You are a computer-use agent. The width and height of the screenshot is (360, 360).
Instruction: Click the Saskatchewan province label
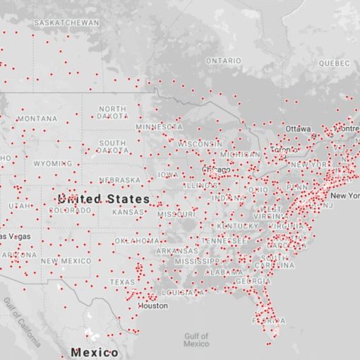[66, 23]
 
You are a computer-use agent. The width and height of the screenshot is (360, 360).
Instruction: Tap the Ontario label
[224, 61]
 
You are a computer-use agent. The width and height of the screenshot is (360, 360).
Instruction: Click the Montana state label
[37, 119]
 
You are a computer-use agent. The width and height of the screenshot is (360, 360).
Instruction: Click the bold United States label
[104, 199]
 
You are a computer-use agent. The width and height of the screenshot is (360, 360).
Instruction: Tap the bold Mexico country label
[94, 352]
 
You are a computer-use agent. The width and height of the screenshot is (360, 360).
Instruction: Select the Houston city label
[153, 306]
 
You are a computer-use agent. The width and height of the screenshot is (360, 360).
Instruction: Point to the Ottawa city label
[298, 128]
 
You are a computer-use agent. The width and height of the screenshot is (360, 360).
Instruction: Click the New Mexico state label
[66, 261]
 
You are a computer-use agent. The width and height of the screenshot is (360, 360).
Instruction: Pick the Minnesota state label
[158, 127]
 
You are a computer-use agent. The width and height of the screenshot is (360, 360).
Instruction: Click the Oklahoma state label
[137, 241]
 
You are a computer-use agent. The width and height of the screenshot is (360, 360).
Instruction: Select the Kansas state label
[128, 212]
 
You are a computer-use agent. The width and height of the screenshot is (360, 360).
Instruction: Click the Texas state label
[121, 282]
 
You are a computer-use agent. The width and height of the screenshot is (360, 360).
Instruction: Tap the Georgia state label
[252, 281]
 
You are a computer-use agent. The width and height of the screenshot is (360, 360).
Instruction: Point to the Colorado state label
[69, 210]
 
